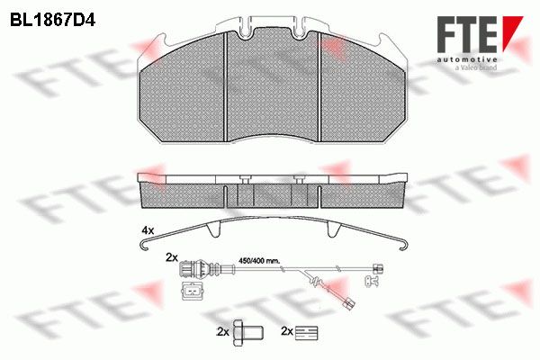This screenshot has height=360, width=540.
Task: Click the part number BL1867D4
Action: [52, 21]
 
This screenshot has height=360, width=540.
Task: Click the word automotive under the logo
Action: [467, 59]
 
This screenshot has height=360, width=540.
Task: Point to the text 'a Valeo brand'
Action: [476, 67]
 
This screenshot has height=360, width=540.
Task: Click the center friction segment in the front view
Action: [273, 86]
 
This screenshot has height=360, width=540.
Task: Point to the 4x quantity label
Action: [148, 230]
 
